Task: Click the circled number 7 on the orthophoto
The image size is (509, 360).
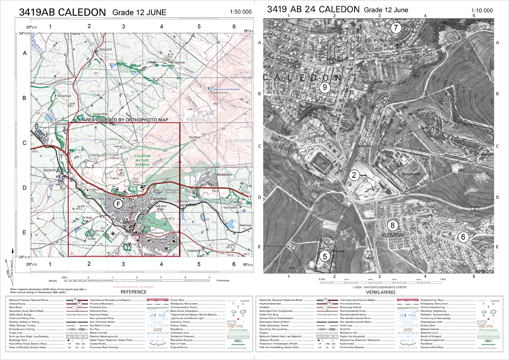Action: (x=395, y=28)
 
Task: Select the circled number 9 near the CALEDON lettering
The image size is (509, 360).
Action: (x=324, y=87)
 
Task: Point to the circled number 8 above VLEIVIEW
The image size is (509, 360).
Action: (x=393, y=225)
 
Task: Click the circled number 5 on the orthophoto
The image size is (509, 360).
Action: (x=324, y=256)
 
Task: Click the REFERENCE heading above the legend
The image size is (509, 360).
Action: (x=134, y=292)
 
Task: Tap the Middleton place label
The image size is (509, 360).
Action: (x=213, y=174)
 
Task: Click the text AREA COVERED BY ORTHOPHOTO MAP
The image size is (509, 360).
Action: (x=124, y=121)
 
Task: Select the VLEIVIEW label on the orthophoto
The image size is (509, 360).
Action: (x=391, y=234)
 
